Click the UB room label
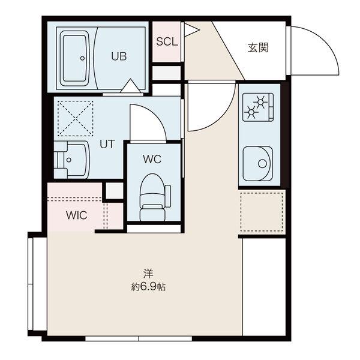119,56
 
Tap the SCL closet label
167,41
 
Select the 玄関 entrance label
258,47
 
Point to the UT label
107,144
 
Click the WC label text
152,159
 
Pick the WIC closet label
76,215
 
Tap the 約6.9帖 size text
148,287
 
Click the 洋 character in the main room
148,273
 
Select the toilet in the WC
155,197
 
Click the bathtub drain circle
82,58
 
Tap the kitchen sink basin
258,163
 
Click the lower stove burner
251,112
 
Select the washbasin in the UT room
71,160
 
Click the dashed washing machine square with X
76,118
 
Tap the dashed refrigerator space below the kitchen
262,212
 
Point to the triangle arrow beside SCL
191,29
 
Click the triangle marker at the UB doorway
130,86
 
